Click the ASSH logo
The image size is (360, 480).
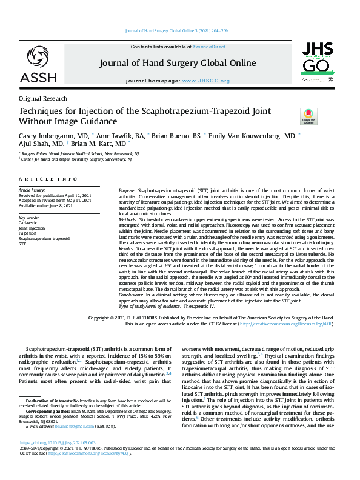point(38,64)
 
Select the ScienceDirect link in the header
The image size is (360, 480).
point(209,47)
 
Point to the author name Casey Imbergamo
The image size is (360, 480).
point(53,136)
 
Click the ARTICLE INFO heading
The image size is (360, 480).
point(48,179)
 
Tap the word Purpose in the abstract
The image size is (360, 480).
point(128,190)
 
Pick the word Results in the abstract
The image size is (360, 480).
point(127,248)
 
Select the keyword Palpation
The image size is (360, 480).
point(28,233)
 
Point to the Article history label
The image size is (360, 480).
point(32,190)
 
